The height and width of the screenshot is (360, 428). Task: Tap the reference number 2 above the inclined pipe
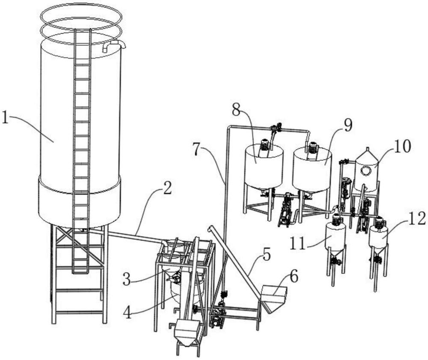pyautogui.click(x=167, y=188)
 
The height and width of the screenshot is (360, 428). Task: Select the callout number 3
pyautogui.click(x=127, y=279)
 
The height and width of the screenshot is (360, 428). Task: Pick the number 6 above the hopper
pyautogui.click(x=294, y=277)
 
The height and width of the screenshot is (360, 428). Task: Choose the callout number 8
pyautogui.click(x=237, y=109)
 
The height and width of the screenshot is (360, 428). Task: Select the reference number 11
pyautogui.click(x=298, y=243)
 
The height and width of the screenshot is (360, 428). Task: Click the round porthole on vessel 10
pyautogui.click(x=366, y=171)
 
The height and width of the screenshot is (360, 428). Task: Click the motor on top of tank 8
pyautogui.click(x=264, y=145)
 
